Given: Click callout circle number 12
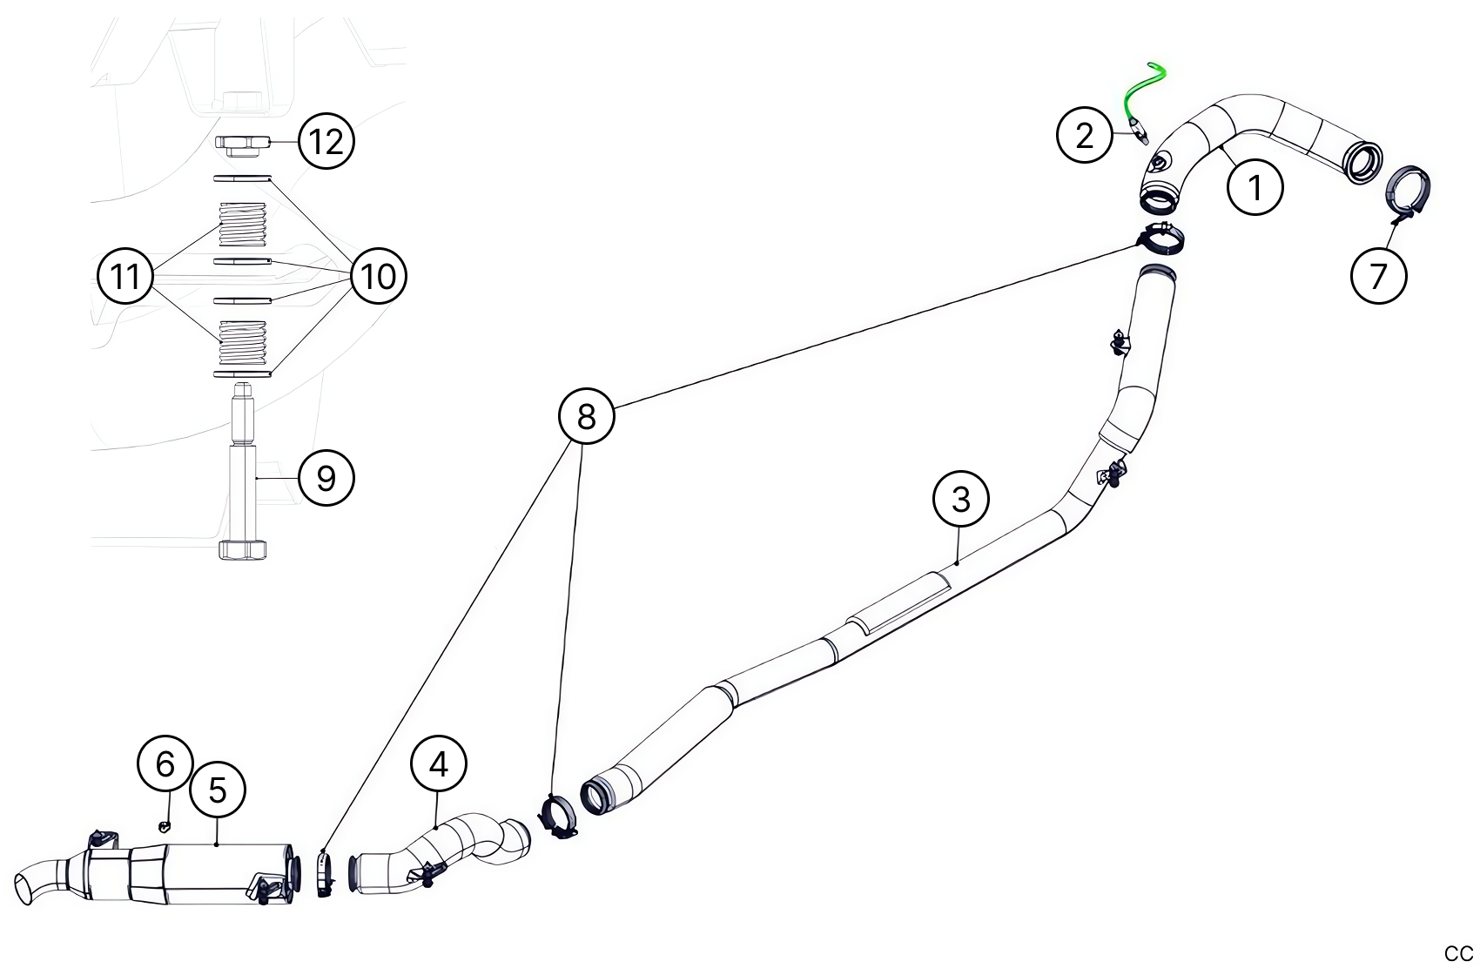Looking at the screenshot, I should point(326,141).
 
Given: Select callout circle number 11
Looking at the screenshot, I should point(125,276).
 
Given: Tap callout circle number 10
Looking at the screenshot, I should point(379,276).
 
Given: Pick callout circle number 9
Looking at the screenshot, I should point(326,478).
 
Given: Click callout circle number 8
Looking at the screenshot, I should point(586,416).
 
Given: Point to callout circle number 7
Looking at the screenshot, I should point(1378,276).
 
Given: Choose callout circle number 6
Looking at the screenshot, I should point(165,763).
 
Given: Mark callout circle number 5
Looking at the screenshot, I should point(217,790).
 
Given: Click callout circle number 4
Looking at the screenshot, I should point(439,763).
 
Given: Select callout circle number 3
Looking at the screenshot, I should point(960,499).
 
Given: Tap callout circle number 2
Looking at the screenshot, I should point(1084,135).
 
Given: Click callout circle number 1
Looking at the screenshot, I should point(1255,186).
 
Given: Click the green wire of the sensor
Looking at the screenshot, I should point(1143,85).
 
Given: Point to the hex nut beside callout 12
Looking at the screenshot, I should point(243,144).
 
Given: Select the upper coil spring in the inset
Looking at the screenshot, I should point(242,224).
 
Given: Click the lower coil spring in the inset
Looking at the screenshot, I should point(242,341).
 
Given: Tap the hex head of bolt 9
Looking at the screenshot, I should point(243,550).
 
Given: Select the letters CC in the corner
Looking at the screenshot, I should point(1458,954).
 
